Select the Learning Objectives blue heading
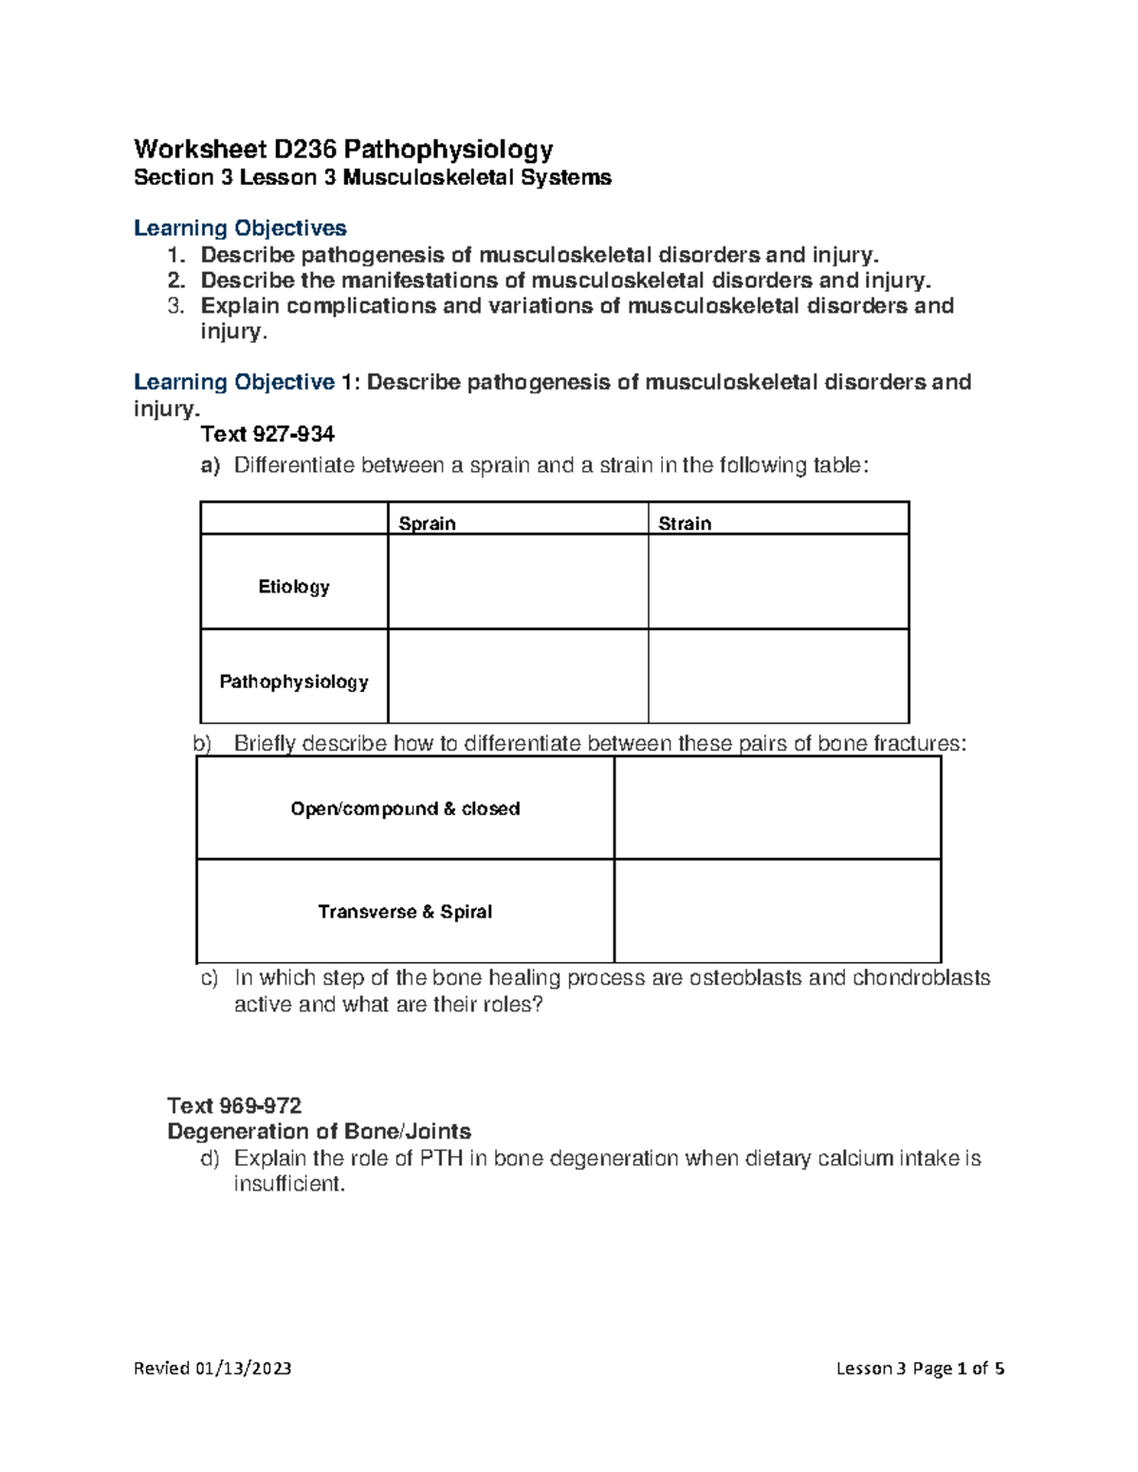pos(240,228)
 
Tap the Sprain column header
pos(427,523)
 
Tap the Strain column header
pos(685,523)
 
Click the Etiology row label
pos(294,587)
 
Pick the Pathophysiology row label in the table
pos(294,681)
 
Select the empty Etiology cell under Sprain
pos(518,582)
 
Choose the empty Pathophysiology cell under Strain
pos(778,676)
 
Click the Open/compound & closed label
pos(405,809)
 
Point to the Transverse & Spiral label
pos(405,912)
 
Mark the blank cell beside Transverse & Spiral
pos(777,911)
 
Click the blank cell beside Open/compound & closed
pos(777,808)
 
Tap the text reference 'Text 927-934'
pos(267,434)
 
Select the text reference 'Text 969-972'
pos(234,1105)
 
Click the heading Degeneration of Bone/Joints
pos(319,1131)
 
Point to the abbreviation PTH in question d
pos(441,1158)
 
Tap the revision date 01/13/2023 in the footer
pos(243,1368)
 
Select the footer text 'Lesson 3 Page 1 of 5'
pos(920,1368)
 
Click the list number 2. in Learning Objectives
pos(176,281)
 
